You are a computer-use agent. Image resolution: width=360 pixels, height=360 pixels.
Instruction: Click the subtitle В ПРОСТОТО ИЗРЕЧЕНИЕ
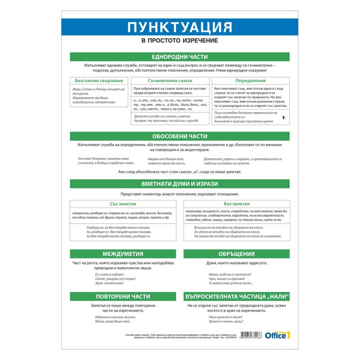coord(180,40)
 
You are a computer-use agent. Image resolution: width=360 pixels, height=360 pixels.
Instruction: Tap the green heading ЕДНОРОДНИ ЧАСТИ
coord(180,57)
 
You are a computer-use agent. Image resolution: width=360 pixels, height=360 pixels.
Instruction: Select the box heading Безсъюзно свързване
coord(99,81)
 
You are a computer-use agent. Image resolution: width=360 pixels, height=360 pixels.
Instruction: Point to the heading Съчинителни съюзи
coord(170,81)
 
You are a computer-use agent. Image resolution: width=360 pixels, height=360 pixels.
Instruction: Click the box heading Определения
coord(251,81)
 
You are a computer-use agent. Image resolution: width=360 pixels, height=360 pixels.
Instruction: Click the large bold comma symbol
coord(283,117)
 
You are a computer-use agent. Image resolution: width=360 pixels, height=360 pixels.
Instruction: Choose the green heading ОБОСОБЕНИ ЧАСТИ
coord(180,136)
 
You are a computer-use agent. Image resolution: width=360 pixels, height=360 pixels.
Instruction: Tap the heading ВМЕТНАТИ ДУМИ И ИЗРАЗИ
coord(180,184)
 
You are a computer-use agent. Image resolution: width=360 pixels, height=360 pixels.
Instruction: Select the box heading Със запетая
coord(123,204)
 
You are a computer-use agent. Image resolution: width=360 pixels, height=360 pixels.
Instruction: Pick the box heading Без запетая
coord(236,204)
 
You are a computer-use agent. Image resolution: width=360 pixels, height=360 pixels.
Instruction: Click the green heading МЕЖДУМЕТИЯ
coord(123,253)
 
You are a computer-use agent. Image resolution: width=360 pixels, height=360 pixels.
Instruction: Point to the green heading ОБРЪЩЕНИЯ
coord(236,253)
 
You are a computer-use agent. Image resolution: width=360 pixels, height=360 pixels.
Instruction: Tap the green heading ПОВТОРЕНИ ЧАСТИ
coord(123,297)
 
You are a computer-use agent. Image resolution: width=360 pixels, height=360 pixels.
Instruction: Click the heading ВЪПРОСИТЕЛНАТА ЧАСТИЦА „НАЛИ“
coord(236,297)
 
